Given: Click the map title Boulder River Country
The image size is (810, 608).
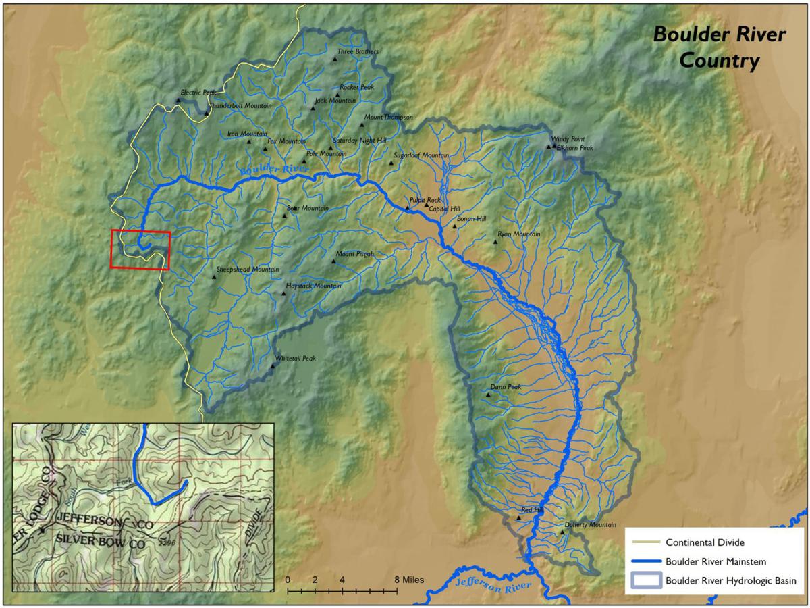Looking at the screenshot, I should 719,47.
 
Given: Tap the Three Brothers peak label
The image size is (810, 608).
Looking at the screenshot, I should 358,52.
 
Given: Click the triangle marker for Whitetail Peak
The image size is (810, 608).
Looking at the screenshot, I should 273,366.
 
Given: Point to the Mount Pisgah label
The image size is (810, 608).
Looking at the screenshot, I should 355,254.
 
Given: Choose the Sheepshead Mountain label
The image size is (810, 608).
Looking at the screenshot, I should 247,270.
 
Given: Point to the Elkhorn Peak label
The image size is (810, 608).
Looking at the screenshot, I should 575,147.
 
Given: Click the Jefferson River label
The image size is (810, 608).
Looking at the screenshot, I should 493,585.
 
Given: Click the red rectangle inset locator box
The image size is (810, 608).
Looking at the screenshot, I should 140,250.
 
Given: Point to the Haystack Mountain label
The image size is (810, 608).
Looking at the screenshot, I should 313,286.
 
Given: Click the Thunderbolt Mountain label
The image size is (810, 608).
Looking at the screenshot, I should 240,106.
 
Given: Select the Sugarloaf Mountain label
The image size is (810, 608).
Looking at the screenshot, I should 421,156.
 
